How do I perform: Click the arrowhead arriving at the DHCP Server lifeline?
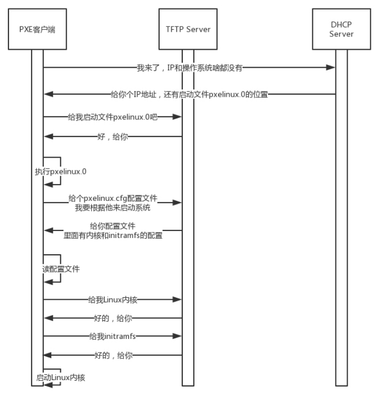pyautogui.click(x=331, y=68)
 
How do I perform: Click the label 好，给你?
pyautogui.click(x=114, y=136)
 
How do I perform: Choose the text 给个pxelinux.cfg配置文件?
pyautogui.click(x=114, y=198)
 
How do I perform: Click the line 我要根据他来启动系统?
pyautogui.click(x=114, y=207)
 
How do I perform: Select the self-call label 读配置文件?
pyautogui.click(x=61, y=269)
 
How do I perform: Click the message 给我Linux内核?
pyautogui.click(x=114, y=300)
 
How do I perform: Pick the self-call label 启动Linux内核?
pyautogui.click(x=61, y=377)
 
